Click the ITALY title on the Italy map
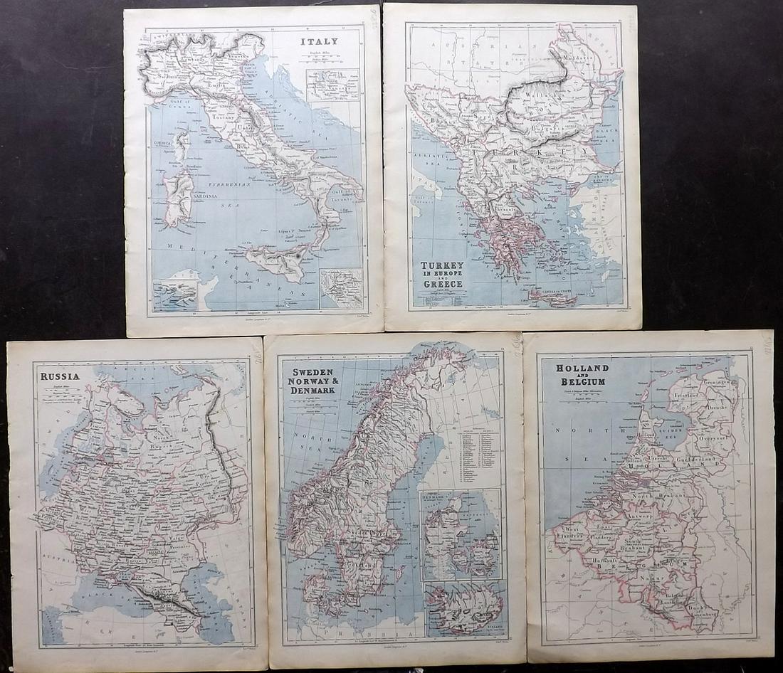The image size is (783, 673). [x=319, y=41]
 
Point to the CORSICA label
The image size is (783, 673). [x=165, y=143]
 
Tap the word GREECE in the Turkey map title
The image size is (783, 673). [x=443, y=283]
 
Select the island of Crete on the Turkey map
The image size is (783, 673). [x=553, y=297]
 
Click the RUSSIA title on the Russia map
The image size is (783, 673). [x=60, y=376]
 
